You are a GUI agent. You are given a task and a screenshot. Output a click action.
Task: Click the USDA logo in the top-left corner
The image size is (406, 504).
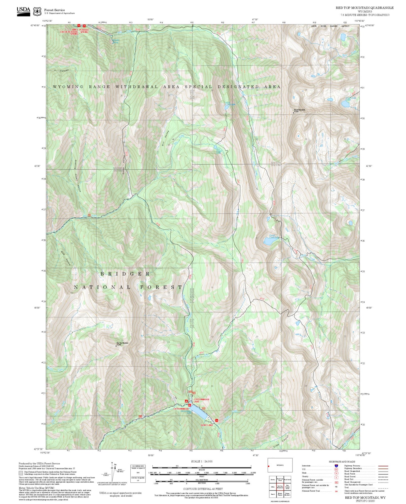23,11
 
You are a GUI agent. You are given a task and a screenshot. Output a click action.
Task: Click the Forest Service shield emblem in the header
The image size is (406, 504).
37,12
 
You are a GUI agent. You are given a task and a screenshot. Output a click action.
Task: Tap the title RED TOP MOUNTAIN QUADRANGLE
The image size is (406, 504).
364,8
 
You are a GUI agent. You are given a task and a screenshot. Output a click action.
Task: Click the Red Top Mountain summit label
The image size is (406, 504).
122,343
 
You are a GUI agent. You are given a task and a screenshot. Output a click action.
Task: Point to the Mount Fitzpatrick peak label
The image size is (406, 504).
299,110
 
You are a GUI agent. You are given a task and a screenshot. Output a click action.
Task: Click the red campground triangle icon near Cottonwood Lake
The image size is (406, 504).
186,401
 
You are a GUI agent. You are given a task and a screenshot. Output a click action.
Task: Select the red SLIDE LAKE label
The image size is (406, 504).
207,425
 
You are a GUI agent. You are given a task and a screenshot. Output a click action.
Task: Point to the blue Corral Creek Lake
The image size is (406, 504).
269,241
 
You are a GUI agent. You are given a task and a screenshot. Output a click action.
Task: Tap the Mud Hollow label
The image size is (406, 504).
66,258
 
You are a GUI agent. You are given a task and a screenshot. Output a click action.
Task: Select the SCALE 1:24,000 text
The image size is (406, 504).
201,461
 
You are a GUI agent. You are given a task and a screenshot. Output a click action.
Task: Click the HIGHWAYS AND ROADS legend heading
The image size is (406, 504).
342,462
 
